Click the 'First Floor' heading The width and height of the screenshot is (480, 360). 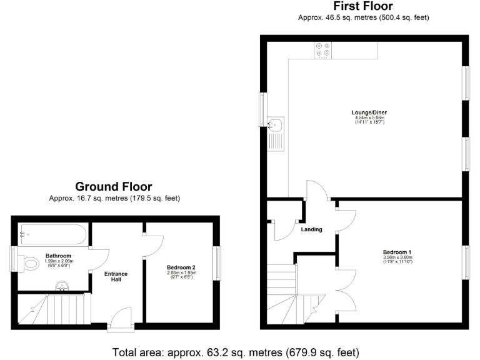(363, 6)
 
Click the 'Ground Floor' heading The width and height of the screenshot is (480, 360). (114, 186)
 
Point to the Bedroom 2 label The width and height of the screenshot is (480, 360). (181, 267)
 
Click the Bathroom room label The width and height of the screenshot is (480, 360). (58, 256)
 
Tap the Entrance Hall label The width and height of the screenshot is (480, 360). (116, 276)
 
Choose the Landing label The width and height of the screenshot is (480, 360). (311, 229)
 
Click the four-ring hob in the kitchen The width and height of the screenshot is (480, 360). (324, 50)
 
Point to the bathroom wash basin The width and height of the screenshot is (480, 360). (61, 287)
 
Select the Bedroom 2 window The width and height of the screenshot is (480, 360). (217, 263)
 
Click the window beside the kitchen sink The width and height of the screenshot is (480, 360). (262, 109)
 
